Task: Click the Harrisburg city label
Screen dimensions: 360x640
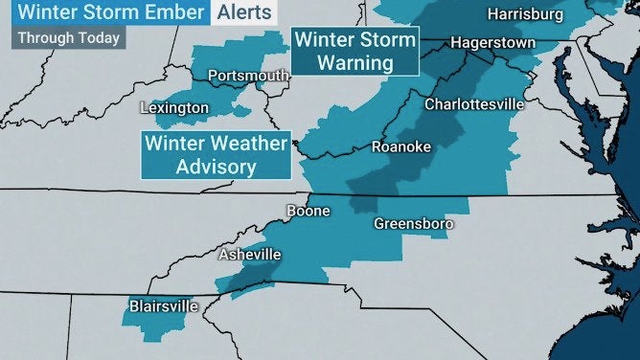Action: click(x=526, y=14)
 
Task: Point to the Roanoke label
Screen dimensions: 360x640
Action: click(x=401, y=146)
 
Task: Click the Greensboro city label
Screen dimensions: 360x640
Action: click(x=413, y=223)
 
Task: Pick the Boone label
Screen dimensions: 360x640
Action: click(x=309, y=211)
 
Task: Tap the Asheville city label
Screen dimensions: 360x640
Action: click(x=249, y=255)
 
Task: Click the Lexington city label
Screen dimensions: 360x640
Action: click(x=174, y=107)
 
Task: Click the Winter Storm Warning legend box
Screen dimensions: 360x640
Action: click(x=355, y=52)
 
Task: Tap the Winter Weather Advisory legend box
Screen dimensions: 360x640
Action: click(x=216, y=155)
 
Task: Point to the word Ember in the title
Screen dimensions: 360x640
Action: click(x=176, y=13)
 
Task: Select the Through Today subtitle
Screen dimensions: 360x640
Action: click(x=69, y=38)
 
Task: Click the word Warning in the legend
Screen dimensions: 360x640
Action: click(x=355, y=63)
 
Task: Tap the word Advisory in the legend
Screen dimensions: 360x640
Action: click(x=216, y=167)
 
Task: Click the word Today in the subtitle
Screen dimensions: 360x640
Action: click(x=99, y=38)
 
